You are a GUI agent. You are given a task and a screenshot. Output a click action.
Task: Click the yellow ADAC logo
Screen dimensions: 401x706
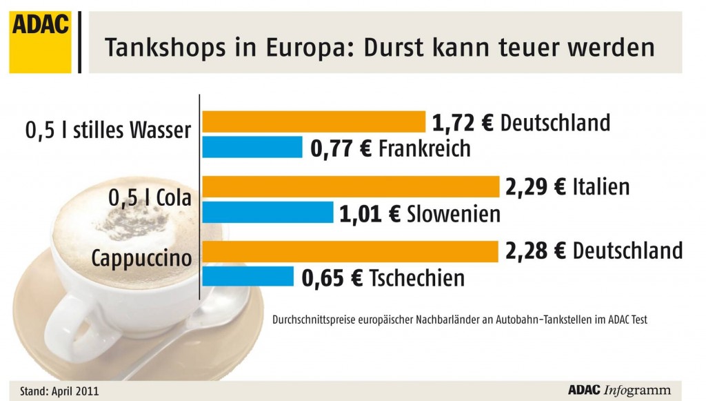tap(40, 41)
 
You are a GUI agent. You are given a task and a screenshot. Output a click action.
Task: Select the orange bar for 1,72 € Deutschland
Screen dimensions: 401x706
tap(314, 121)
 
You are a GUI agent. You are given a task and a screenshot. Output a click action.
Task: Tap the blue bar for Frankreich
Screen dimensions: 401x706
tap(252, 147)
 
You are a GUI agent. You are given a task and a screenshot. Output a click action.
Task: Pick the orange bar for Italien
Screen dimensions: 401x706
tap(351, 186)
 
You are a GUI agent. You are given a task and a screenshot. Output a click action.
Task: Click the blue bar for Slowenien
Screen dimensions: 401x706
tap(268, 213)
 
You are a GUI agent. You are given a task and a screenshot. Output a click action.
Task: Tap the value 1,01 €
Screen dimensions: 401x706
tap(370, 213)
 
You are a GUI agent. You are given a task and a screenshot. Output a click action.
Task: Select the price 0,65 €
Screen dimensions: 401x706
tap(333, 277)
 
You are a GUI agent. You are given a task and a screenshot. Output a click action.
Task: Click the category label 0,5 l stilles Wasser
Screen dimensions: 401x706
tap(107, 130)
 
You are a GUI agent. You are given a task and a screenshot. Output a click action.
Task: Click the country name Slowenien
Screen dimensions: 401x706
tap(453, 213)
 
